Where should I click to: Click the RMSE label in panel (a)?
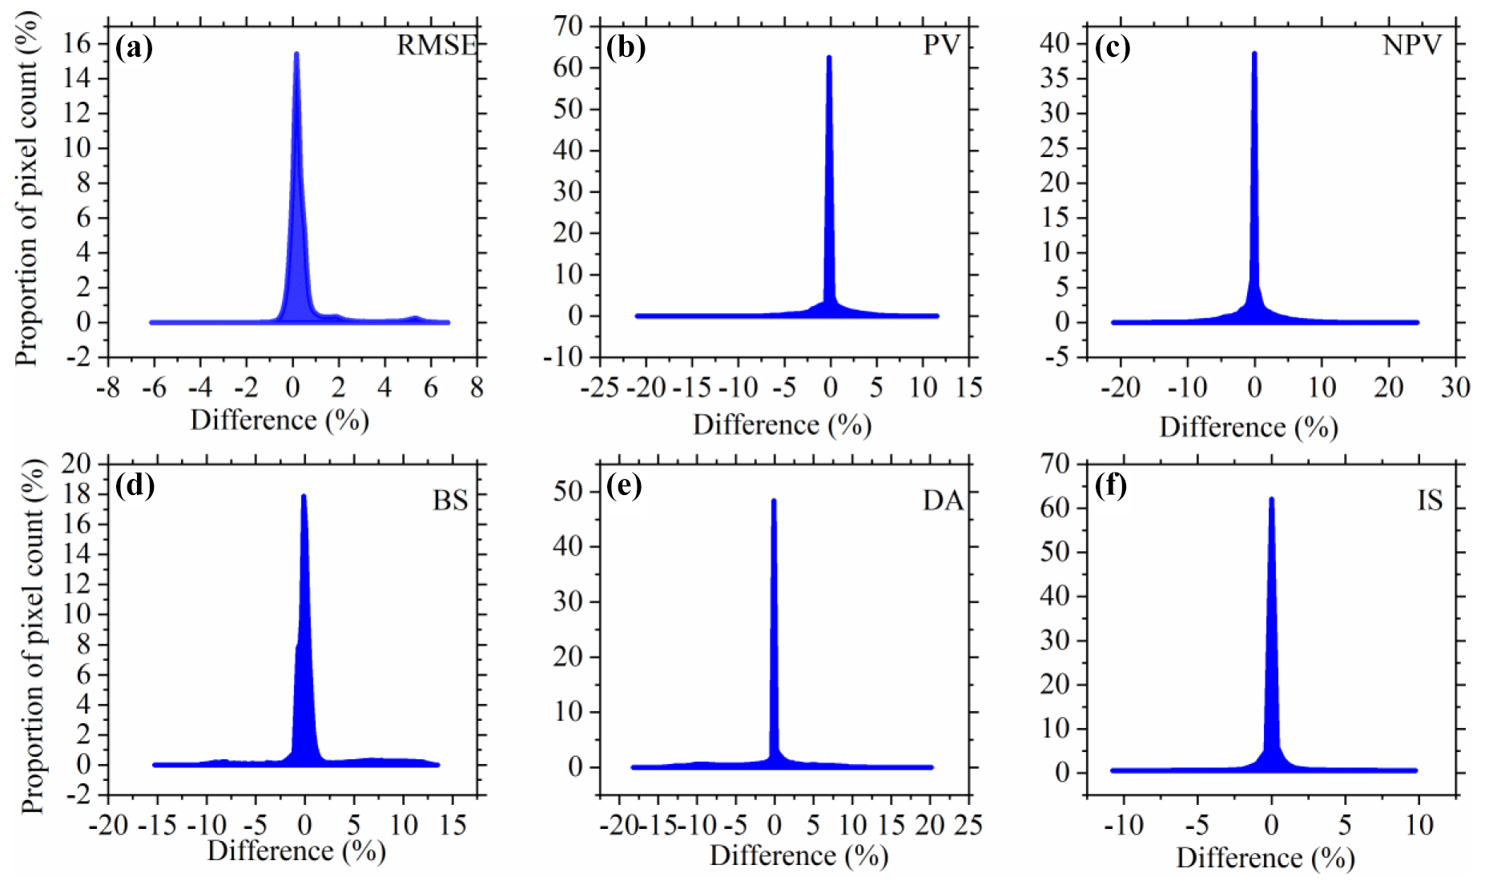pos(437,46)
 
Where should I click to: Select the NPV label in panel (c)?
pos(1411,46)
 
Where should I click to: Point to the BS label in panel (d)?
pos(449,501)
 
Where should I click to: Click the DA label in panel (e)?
pos(942,501)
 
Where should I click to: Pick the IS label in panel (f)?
pos(1430,501)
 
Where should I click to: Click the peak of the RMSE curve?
pos(296,54)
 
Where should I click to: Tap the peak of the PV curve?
pos(829,57)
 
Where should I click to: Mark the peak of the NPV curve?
pos(1254,54)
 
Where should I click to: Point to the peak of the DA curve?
pos(774,501)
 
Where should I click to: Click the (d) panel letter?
pos(135,485)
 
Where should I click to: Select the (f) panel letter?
pos(1111,485)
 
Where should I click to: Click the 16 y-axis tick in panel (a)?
pos(78,43)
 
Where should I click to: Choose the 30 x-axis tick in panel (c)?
pos(1455,388)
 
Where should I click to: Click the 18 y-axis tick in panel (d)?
pos(78,494)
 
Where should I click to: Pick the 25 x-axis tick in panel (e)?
pos(968,824)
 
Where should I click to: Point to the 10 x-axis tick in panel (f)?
pos(1419,824)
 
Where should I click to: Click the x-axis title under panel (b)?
pos(782,424)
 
